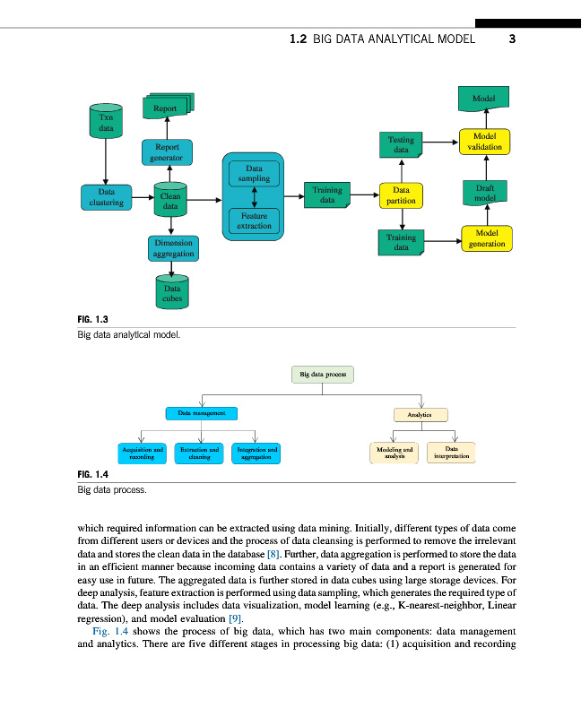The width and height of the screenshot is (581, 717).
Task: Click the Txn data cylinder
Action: click(x=106, y=123)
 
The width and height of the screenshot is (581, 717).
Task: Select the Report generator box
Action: click(x=167, y=151)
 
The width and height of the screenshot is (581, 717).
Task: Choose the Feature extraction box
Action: click(x=254, y=221)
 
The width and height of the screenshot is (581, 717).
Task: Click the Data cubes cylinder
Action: click(x=171, y=292)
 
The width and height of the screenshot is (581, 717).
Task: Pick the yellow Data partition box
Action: click(x=401, y=195)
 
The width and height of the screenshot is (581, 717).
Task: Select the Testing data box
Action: click(x=401, y=144)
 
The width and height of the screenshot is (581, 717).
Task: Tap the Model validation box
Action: click(x=485, y=142)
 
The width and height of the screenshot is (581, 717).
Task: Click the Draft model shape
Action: click(x=485, y=192)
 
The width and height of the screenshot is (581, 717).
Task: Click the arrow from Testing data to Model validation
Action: click(x=440, y=141)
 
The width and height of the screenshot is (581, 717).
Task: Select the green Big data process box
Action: click(x=324, y=374)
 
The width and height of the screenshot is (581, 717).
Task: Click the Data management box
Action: click(x=201, y=414)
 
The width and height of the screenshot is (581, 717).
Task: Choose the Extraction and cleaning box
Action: click(x=199, y=453)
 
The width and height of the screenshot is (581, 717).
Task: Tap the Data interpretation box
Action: click(x=451, y=453)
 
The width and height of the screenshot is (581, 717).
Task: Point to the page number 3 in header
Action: click(x=512, y=39)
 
